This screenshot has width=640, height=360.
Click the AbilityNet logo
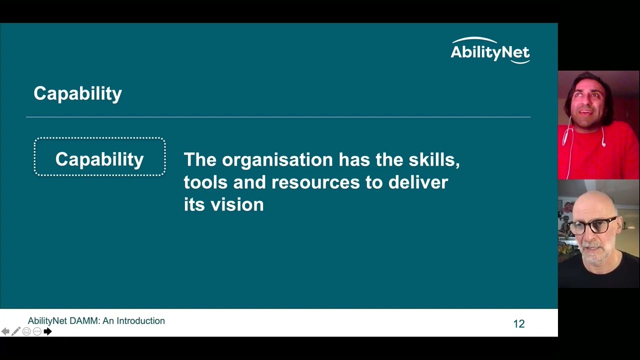489,50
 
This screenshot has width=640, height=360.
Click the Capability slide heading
77,93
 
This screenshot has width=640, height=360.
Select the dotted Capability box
99,157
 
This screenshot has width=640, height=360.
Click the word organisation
277,159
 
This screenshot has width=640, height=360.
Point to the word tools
205,182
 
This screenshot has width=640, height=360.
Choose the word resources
315,182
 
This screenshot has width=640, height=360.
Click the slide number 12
519,324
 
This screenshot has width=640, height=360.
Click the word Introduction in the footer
140,321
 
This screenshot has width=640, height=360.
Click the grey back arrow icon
5,331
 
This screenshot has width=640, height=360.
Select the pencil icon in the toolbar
16,331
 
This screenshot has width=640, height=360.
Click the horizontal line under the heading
278,117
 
